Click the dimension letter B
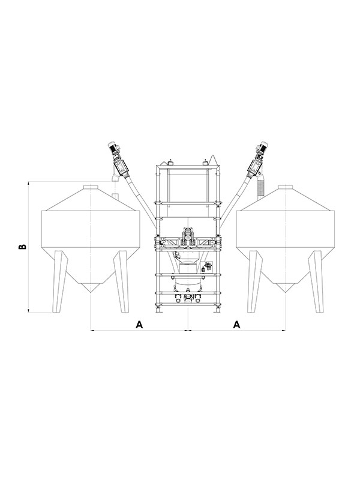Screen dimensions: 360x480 point(22,247)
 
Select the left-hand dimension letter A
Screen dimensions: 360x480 point(139,325)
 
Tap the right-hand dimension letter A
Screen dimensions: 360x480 point(236,325)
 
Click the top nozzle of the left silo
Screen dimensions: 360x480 point(91,187)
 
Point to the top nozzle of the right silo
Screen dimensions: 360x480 point(286,187)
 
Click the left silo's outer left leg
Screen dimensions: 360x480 point(59,281)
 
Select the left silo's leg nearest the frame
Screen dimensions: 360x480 point(122,281)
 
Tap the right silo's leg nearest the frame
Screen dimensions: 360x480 point(255,281)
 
